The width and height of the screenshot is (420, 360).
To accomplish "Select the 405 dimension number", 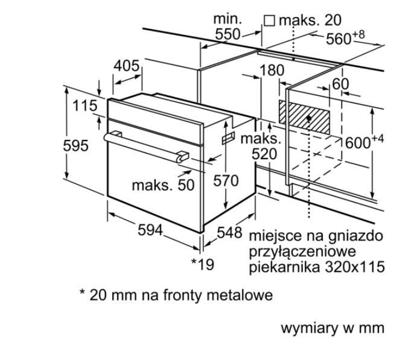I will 127,66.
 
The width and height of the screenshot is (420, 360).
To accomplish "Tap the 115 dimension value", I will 84,106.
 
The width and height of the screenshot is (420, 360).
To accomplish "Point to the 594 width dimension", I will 151,230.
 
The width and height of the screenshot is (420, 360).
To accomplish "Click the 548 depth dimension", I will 229,233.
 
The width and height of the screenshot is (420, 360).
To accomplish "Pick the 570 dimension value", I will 226,180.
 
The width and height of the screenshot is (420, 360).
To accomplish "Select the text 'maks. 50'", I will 164,185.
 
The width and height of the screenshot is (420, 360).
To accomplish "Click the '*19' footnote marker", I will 202,264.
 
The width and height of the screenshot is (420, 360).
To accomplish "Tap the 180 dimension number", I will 272,71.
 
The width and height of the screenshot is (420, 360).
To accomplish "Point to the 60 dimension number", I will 341,84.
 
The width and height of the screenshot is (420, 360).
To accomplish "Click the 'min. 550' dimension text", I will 227,27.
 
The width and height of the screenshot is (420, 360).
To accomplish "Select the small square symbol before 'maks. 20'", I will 269,21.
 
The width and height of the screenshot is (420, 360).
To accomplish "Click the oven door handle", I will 145,145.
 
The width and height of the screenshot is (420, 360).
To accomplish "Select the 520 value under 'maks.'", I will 264,154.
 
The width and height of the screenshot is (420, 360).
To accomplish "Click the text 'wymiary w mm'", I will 332,329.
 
